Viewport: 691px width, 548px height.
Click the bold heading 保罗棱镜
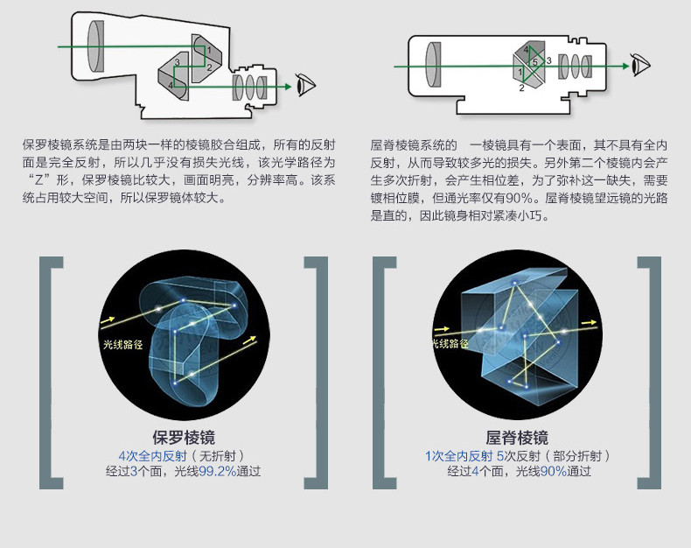coord(184,437)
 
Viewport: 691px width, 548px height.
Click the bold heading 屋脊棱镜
coord(517,437)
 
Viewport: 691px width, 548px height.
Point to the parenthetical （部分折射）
coord(577,455)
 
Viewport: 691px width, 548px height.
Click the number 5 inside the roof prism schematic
coord(534,63)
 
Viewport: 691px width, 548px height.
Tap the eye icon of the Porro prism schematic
coord(306,86)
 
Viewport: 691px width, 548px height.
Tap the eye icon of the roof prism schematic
coord(642,64)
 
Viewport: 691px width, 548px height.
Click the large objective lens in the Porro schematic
coord(98,45)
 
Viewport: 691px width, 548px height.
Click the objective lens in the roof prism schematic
coord(431,63)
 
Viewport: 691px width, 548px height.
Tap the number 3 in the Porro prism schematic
coord(178,62)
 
